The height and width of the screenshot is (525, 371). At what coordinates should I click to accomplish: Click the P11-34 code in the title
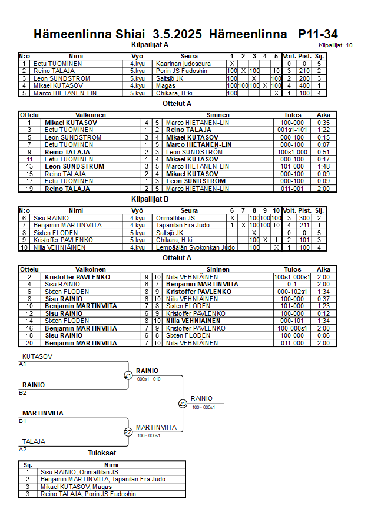coord(317,34)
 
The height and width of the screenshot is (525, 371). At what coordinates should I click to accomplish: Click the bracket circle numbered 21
coord(128,375)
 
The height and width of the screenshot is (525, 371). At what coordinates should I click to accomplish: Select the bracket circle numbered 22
coord(128,432)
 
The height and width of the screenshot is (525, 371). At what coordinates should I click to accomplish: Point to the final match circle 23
coord(183,404)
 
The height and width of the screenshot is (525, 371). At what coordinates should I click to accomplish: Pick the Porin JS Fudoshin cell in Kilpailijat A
coord(181,71)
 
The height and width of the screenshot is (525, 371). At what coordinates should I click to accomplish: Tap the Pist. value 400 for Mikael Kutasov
coord(304,85)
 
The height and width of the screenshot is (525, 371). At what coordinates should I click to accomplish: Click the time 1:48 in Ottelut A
coord(323,166)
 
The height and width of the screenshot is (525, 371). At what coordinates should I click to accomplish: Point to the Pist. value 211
coord(304,225)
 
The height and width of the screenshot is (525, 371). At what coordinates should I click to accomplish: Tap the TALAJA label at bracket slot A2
coord(34,441)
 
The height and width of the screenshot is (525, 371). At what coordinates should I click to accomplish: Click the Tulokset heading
coord(102,453)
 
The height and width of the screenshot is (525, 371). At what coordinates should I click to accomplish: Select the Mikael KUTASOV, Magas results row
coord(76,487)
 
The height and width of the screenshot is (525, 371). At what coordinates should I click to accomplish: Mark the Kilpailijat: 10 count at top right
coord(336,45)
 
